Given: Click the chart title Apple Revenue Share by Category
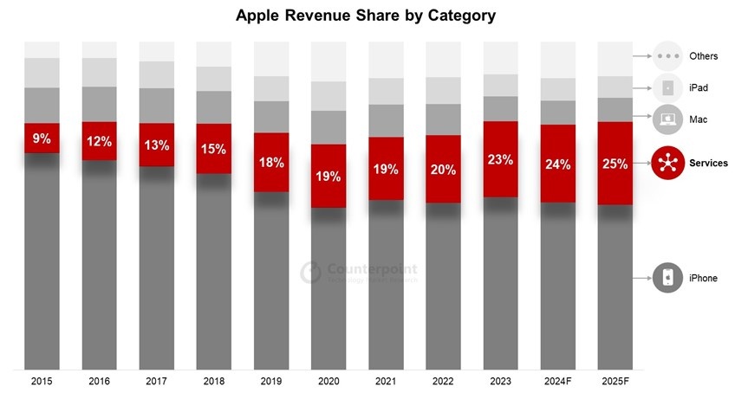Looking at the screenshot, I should (x=367, y=16).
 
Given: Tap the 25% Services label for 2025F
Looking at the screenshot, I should (x=615, y=164).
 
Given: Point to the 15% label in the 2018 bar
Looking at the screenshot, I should (x=213, y=149).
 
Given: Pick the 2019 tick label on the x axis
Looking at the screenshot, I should (x=270, y=381).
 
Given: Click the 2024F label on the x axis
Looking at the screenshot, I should (x=557, y=381).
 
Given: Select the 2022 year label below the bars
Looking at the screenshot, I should (x=443, y=381).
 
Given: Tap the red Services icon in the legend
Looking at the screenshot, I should (x=668, y=164).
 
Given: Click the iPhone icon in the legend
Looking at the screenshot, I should (x=668, y=278).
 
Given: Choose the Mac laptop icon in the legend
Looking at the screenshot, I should (x=668, y=119).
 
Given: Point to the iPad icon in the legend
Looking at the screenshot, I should (x=668, y=87).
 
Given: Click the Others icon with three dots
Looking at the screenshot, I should (x=668, y=56).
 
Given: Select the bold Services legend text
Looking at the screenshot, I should (x=708, y=164).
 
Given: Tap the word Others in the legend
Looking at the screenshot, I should (x=703, y=56).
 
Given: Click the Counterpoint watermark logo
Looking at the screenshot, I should (x=311, y=273).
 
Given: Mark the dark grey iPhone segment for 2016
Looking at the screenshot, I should (x=99, y=268).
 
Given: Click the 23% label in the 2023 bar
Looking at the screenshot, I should (x=500, y=159).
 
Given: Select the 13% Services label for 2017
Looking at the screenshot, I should (x=156, y=145).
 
